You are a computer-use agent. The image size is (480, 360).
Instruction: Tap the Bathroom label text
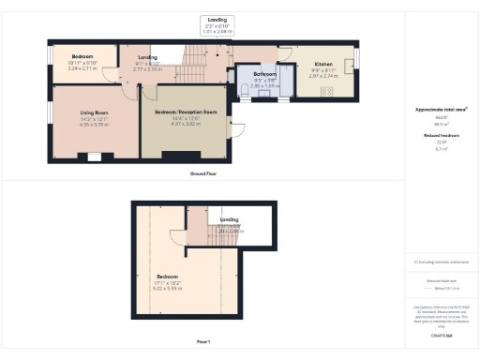264,73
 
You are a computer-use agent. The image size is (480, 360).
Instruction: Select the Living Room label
94,112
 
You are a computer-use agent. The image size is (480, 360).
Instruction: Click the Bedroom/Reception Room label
184,112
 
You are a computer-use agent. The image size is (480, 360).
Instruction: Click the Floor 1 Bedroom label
168,277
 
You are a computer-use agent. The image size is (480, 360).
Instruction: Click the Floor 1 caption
202,341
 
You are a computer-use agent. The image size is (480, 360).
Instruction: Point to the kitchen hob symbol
327,92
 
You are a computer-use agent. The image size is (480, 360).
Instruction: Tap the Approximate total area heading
441,110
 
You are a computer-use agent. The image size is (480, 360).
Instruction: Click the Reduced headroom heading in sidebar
441,135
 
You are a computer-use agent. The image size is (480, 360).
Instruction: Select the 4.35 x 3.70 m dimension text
94,124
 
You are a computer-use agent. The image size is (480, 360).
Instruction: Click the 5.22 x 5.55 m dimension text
168,288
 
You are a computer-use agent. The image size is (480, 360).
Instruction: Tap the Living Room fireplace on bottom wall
95,156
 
